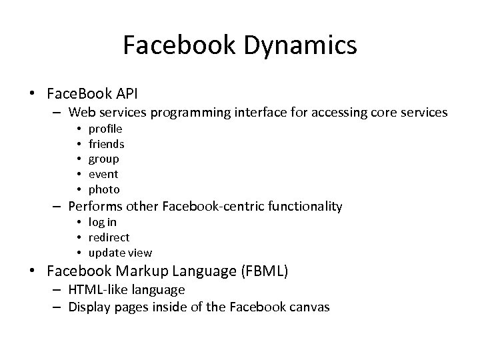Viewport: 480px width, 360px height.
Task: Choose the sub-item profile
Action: tap(105, 129)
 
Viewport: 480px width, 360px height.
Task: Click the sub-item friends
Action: tap(107, 143)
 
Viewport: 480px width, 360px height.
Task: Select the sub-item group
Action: tap(104, 159)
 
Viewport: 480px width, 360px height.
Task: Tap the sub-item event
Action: tap(103, 174)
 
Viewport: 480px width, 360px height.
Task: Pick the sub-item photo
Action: tap(104, 189)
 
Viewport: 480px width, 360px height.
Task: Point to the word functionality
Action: tap(304, 207)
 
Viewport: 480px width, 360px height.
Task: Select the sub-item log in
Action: tap(103, 222)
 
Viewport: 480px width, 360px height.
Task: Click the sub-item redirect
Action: tap(109, 237)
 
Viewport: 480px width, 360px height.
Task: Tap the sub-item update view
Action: tap(120, 253)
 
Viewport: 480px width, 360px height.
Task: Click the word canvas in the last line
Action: tap(309, 307)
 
